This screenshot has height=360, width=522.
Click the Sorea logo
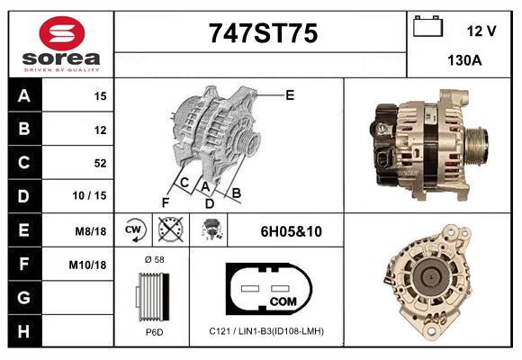[x=61, y=44]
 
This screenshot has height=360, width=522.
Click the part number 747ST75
[x=263, y=34]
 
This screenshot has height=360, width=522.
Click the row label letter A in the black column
[x=24, y=96]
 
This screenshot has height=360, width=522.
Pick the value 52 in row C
[x=100, y=164]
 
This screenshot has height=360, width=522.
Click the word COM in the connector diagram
[x=282, y=300]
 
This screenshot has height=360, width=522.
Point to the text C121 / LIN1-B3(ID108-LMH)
[x=265, y=331]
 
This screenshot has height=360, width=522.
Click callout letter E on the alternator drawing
[x=290, y=94]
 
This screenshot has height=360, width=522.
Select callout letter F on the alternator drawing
[x=165, y=202]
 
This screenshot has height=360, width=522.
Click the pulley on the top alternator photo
[x=474, y=141]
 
